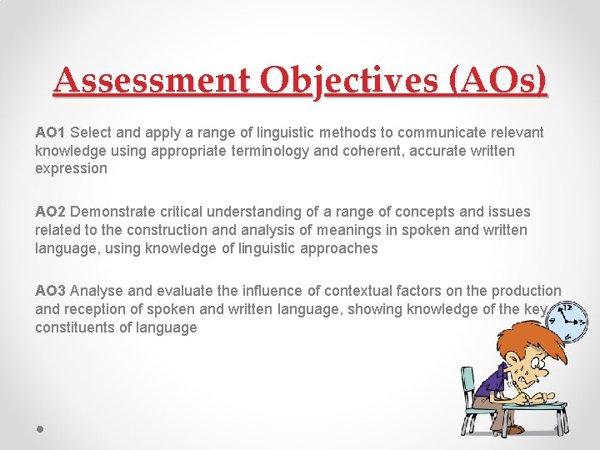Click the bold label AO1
tap(51, 132)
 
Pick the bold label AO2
tap(51, 212)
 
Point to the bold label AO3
tap(51, 291)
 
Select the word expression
tap(71, 168)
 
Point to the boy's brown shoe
tap(513, 429)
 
